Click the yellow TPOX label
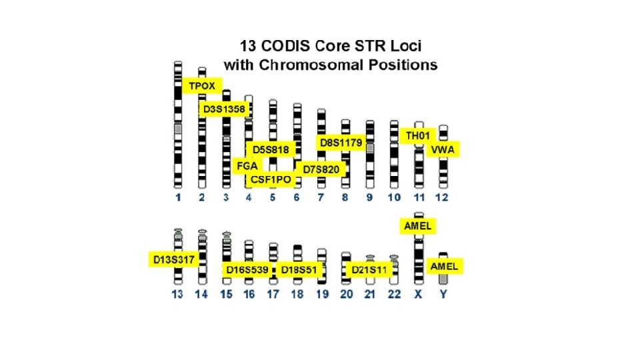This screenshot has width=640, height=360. [201, 86]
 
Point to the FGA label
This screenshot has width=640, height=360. [247, 165]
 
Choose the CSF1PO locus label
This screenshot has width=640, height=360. [271, 179]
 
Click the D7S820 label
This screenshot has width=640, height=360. [321, 169]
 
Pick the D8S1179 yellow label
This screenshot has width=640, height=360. [340, 143]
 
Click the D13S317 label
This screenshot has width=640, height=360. [171, 259]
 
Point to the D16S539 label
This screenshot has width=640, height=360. [247, 270]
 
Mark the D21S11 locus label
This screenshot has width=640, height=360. [369, 270]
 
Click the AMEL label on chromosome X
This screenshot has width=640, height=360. [418, 226]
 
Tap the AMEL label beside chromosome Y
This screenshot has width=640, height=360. [444, 266]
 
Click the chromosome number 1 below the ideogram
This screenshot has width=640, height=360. [178, 198]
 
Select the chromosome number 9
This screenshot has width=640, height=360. [369, 198]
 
